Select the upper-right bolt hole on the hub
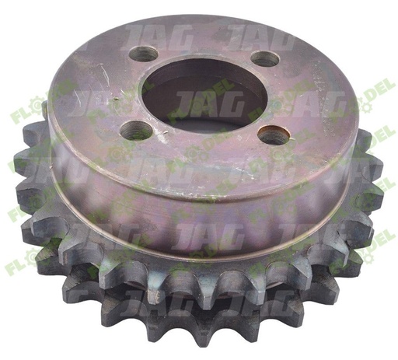point(265,59)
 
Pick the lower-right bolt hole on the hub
point(273,135)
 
